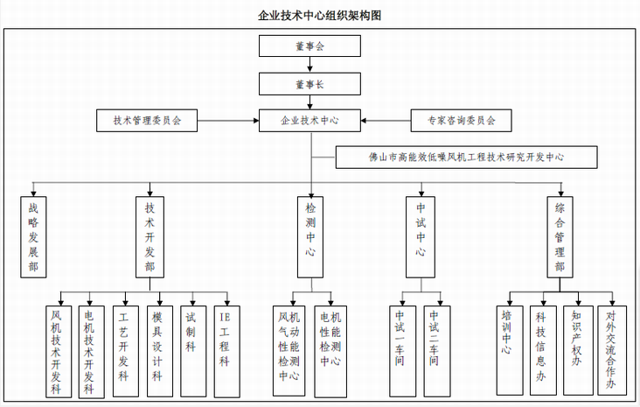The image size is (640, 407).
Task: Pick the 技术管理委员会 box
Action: point(146,120)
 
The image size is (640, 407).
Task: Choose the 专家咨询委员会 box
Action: point(461,120)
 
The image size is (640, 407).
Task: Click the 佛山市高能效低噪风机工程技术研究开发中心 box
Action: point(467,158)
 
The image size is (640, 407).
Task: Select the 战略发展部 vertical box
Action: point(33,236)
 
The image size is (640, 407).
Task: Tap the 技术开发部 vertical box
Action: point(150,236)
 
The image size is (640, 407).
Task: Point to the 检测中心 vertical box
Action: point(310,236)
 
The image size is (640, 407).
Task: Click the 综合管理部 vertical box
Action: point(560,236)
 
